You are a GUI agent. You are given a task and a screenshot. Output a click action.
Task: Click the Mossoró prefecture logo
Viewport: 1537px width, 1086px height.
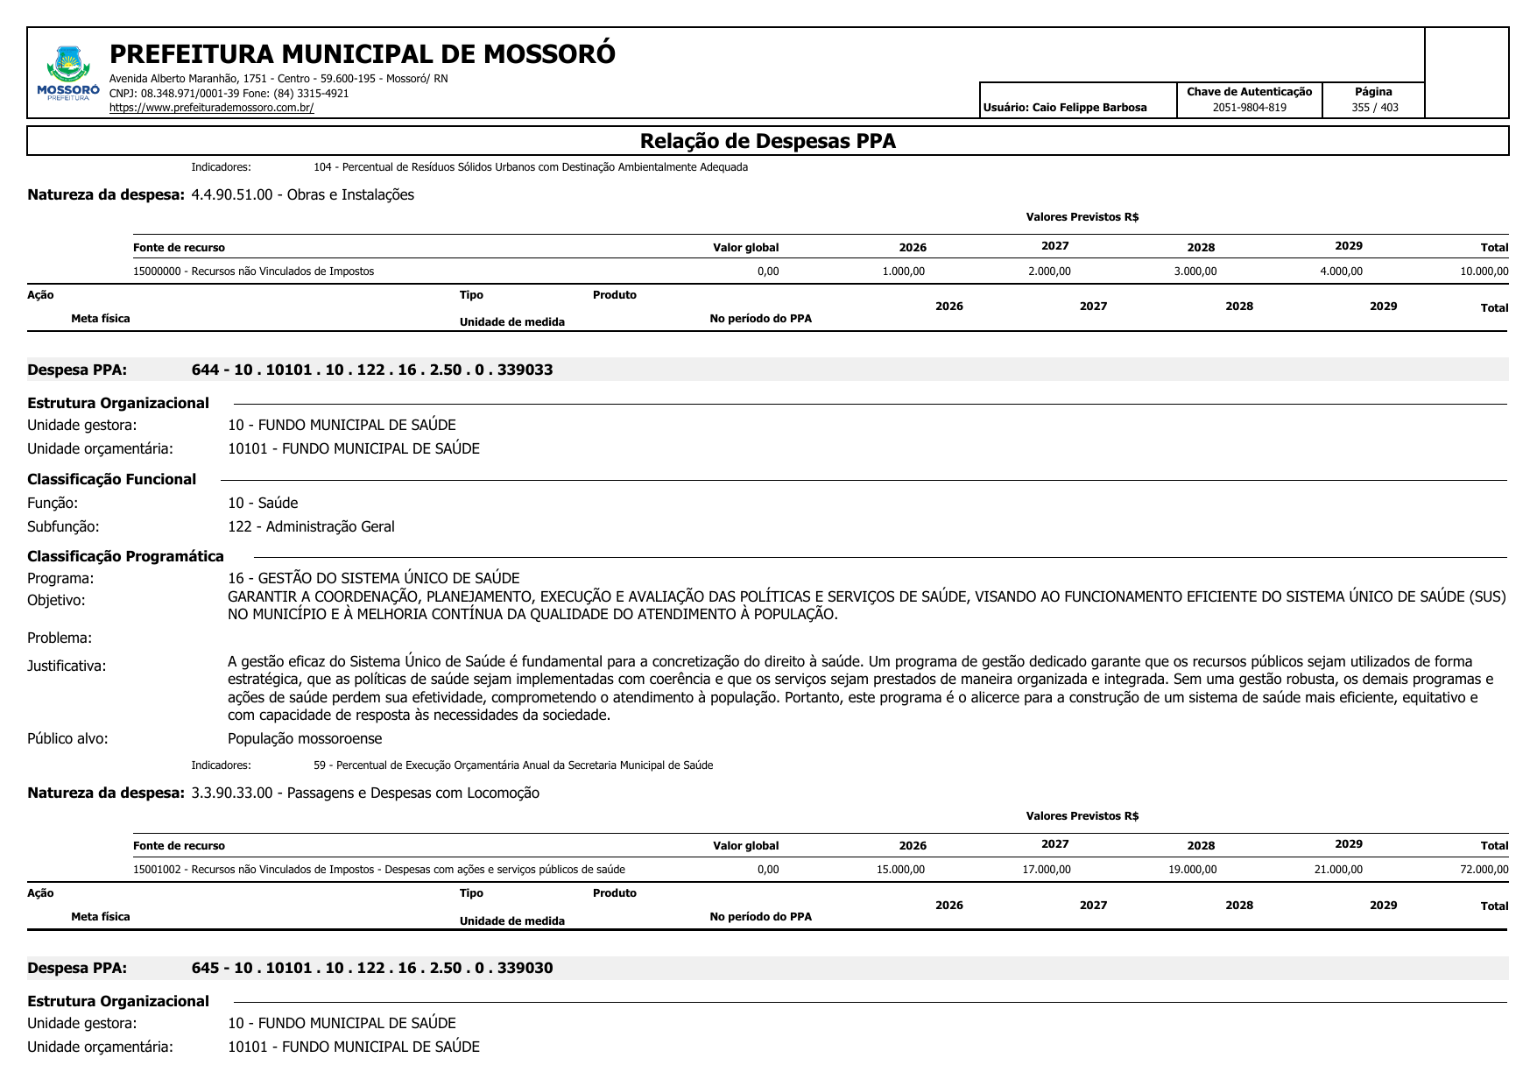(x=68, y=74)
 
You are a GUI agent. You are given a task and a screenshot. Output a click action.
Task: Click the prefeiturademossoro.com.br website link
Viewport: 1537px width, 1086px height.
(x=211, y=108)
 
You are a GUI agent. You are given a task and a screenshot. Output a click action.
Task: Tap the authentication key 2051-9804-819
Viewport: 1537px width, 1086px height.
(x=1249, y=108)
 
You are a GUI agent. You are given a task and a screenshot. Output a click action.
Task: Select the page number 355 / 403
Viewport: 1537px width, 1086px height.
(x=1374, y=108)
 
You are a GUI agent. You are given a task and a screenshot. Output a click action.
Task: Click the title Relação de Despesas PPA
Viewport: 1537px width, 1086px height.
(x=767, y=141)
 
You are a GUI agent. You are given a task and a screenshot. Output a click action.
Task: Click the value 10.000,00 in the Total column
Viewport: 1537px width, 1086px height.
(x=1484, y=271)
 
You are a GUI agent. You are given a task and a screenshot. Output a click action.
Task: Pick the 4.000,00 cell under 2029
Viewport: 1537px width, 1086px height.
(x=1341, y=271)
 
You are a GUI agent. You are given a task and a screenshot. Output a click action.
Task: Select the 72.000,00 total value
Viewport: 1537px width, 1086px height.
(x=1484, y=870)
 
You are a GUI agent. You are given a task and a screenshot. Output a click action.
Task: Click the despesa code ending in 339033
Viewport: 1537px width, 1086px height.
(x=372, y=370)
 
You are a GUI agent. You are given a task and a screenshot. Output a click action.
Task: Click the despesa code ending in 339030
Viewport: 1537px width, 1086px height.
(x=372, y=968)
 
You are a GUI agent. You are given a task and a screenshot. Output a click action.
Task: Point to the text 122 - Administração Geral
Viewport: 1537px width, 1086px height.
(x=311, y=526)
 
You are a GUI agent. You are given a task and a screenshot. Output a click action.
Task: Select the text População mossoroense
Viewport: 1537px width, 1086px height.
(x=305, y=738)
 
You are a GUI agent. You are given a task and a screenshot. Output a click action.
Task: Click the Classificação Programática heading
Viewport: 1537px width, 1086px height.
(x=125, y=556)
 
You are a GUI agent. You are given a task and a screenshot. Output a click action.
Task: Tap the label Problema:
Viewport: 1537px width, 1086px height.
(x=60, y=638)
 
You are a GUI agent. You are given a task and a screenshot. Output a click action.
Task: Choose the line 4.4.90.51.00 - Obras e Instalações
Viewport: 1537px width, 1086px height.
(x=302, y=194)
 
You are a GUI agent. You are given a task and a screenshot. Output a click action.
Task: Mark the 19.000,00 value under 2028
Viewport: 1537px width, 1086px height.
(x=1192, y=870)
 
